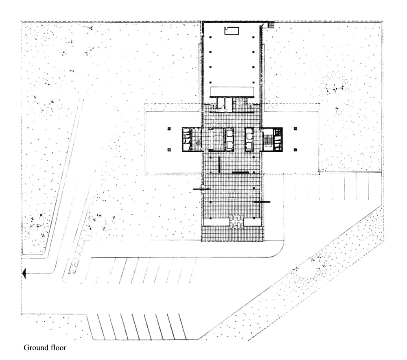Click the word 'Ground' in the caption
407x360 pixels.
(x=35, y=348)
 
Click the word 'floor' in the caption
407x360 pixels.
(x=58, y=348)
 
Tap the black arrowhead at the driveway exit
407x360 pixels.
(x=24, y=273)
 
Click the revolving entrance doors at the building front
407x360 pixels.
(x=236, y=222)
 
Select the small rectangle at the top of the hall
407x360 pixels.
(x=232, y=31)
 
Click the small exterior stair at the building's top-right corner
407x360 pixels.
(x=271, y=24)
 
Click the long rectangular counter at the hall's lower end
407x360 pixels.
(x=232, y=92)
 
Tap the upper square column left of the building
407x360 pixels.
(x=169, y=129)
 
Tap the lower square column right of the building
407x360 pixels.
(x=295, y=150)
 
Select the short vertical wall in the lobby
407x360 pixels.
(x=219, y=165)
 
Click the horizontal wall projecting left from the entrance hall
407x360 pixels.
(x=202, y=189)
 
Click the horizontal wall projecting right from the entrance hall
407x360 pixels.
(x=262, y=202)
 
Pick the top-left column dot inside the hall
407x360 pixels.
(x=210, y=37)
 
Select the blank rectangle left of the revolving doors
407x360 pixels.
(x=217, y=222)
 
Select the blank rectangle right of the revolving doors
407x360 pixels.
(x=253, y=222)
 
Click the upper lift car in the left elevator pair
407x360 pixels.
(x=230, y=133)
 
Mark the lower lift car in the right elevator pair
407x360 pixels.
(x=249, y=146)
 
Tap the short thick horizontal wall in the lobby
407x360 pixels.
(x=241, y=172)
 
